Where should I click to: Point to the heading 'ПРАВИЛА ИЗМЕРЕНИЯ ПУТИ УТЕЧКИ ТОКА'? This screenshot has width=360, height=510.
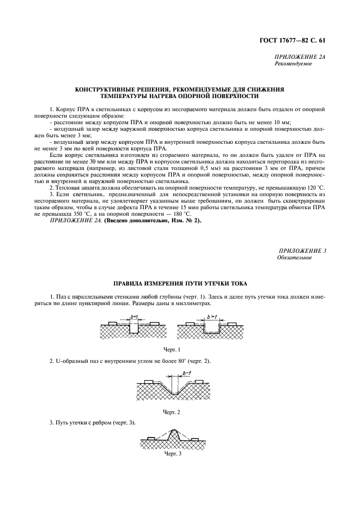point(180,283)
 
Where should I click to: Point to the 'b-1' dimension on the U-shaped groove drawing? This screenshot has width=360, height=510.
point(186,373)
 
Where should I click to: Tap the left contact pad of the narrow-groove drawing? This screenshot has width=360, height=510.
point(113,324)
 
